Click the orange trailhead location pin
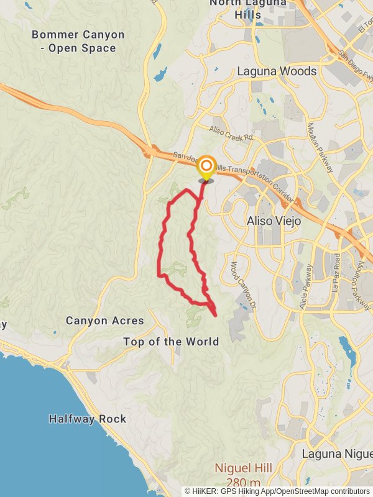click(206, 167)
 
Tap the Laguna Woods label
click(277, 71)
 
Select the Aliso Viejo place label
click(274, 221)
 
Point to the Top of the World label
click(171, 342)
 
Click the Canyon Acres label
click(104, 321)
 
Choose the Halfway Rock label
click(87, 419)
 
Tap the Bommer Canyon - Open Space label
click(78, 42)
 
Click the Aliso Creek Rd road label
click(231, 132)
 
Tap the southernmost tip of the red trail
click(215, 316)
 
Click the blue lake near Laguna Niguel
click(345, 346)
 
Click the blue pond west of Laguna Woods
click(160, 75)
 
